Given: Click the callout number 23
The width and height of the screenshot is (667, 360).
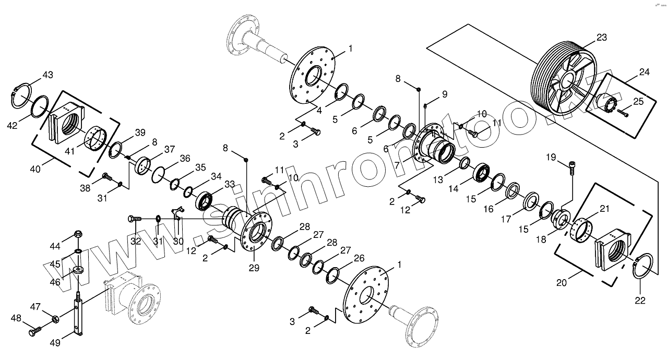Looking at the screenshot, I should click(602, 37).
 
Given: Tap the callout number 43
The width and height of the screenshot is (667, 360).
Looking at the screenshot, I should click(47, 75).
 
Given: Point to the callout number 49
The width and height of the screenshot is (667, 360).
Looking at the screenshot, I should click(55, 343).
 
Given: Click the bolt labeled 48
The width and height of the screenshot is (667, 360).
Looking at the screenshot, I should click(35, 330).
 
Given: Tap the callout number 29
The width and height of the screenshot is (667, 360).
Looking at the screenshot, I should click(253, 268).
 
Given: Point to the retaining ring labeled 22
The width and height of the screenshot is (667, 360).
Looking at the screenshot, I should click(642, 266).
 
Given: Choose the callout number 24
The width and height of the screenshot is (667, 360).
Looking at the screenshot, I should click(644, 72).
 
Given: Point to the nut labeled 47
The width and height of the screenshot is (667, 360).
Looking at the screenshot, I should click(54, 318).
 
